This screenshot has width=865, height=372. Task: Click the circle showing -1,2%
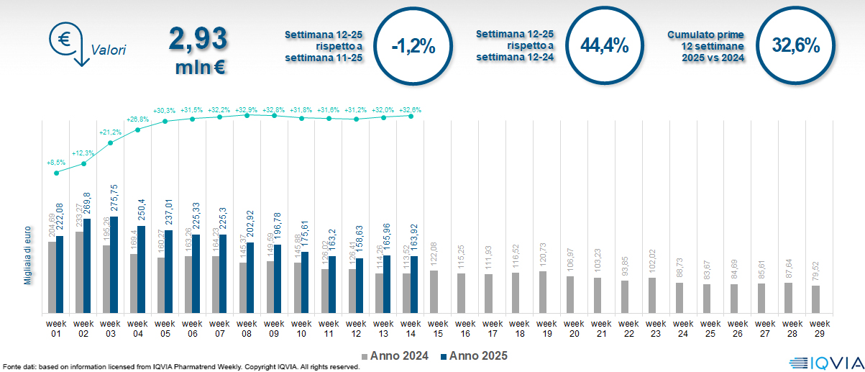413,46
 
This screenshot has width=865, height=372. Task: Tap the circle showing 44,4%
605,46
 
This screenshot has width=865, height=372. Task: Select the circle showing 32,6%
796,45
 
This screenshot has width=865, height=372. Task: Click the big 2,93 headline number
198,39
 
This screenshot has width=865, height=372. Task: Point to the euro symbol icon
64,40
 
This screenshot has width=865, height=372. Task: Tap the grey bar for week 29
815,299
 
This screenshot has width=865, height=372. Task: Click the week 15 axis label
438,328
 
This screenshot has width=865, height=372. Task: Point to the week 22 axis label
628,328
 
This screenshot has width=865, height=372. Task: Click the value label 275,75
114,198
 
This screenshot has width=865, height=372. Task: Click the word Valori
109,50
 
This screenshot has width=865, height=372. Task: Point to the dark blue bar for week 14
413,284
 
